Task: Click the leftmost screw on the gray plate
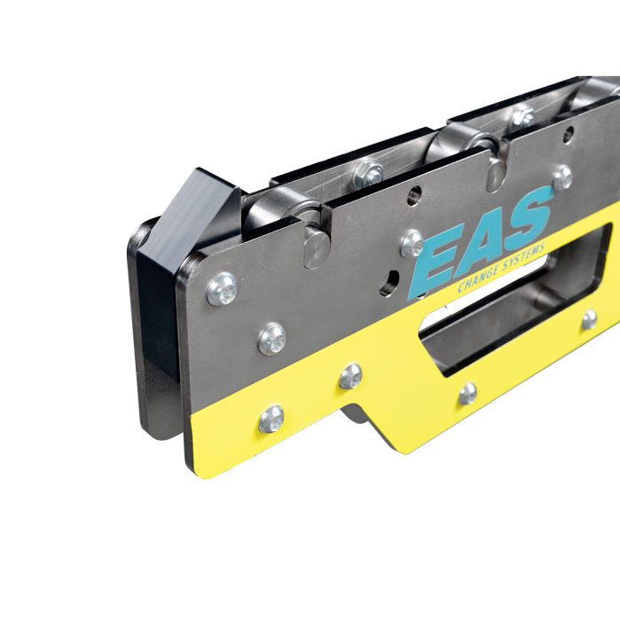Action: click(x=223, y=289)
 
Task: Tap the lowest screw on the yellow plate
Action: click(x=271, y=420)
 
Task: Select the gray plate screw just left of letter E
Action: click(x=412, y=243)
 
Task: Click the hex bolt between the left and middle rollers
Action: click(x=368, y=173)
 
